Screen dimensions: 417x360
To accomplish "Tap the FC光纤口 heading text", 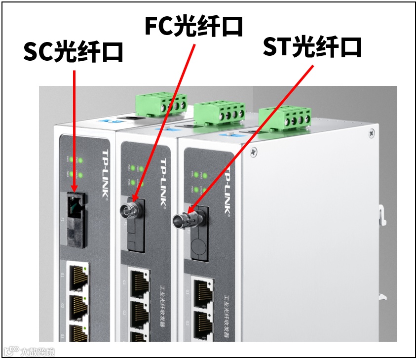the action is coord(194,26).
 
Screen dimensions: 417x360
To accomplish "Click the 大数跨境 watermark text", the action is coord(38,352).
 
